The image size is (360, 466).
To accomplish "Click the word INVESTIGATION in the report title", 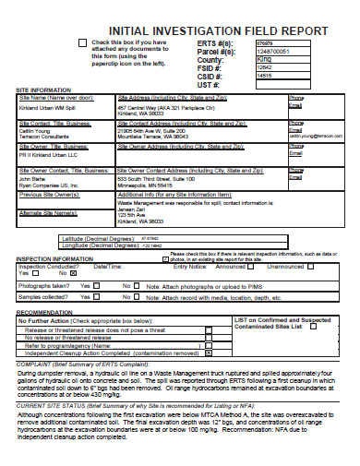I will (181, 30).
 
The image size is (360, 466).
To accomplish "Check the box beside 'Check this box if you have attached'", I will (83, 43).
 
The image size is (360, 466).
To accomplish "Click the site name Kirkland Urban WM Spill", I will (51, 108).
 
